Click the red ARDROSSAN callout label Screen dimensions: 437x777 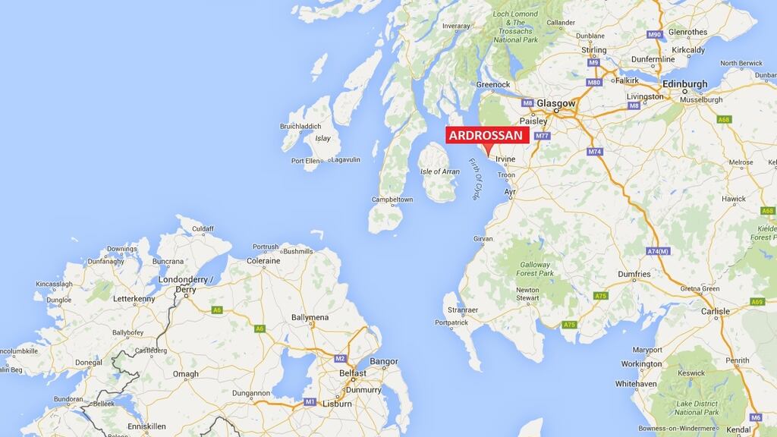[x=486, y=135]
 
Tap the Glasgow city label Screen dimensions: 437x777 [x=556, y=103]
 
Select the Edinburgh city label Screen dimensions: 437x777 [x=684, y=84]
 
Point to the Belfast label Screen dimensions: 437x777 [x=353, y=373]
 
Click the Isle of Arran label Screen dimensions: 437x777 [x=440, y=171]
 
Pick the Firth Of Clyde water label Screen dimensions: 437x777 [x=475, y=179]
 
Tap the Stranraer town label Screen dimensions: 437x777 [x=461, y=310]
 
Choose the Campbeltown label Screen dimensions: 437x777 [x=392, y=200]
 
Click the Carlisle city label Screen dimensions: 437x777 [x=715, y=311]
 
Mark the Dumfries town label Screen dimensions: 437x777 [x=634, y=274]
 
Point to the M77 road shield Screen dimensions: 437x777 [x=542, y=136]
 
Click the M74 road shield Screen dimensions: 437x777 [x=594, y=152]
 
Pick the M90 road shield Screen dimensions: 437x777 [x=655, y=35]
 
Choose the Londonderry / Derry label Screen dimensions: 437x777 [x=186, y=285]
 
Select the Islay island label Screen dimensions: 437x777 [x=322, y=138]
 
